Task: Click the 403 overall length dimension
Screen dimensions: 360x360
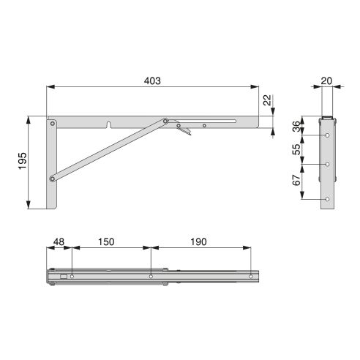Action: (x=151, y=80)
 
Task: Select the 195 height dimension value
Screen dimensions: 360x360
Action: (x=22, y=160)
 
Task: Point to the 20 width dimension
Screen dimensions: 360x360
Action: (x=326, y=81)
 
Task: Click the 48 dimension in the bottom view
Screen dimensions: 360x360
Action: (x=59, y=242)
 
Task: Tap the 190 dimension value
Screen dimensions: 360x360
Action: (x=198, y=242)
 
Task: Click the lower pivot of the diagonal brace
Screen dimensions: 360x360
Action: (x=52, y=178)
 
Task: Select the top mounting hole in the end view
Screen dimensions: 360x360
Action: (x=327, y=135)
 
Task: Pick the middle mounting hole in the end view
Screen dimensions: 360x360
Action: (x=327, y=164)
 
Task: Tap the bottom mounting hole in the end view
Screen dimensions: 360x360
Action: (x=327, y=199)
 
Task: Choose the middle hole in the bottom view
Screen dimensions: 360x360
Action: (x=150, y=277)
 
